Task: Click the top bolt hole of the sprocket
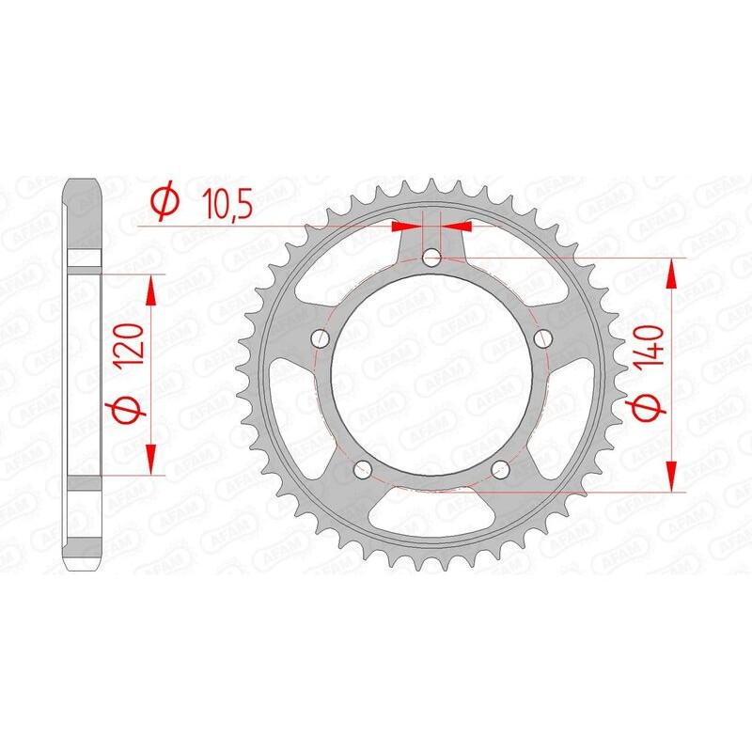[432, 257]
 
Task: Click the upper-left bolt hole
[320, 338]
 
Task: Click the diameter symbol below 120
[130, 410]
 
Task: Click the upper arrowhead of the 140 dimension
[671, 274]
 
